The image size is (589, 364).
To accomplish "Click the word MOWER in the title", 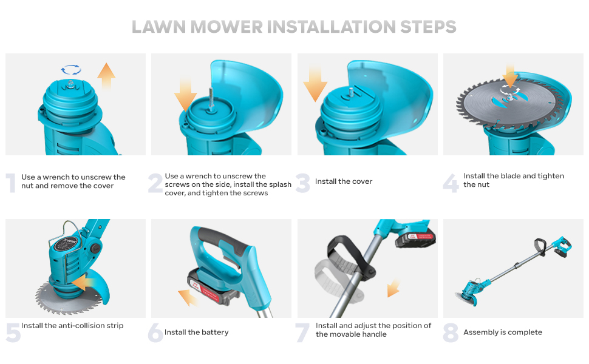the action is [x=226, y=27].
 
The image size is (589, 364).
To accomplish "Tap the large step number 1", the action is [x=12, y=183].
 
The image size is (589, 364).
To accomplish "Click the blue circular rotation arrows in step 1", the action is [x=71, y=70].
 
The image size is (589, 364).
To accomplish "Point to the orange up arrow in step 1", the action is [x=106, y=76].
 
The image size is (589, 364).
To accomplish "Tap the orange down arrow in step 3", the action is [x=315, y=84].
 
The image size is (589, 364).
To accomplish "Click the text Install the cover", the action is [x=343, y=181].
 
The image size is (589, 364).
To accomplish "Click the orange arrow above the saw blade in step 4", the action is [x=510, y=76].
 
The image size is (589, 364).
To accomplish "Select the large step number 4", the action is [x=451, y=183].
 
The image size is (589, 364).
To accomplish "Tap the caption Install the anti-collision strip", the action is [x=72, y=326].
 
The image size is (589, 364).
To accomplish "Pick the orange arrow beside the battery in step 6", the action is [x=188, y=298].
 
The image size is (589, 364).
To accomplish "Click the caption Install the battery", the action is [x=196, y=332].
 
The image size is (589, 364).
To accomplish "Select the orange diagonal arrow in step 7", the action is [x=393, y=288].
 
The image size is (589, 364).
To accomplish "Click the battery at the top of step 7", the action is [x=415, y=238].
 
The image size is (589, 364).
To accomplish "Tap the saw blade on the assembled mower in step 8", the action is [x=466, y=298].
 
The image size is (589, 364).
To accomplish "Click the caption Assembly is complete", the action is [x=503, y=332].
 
